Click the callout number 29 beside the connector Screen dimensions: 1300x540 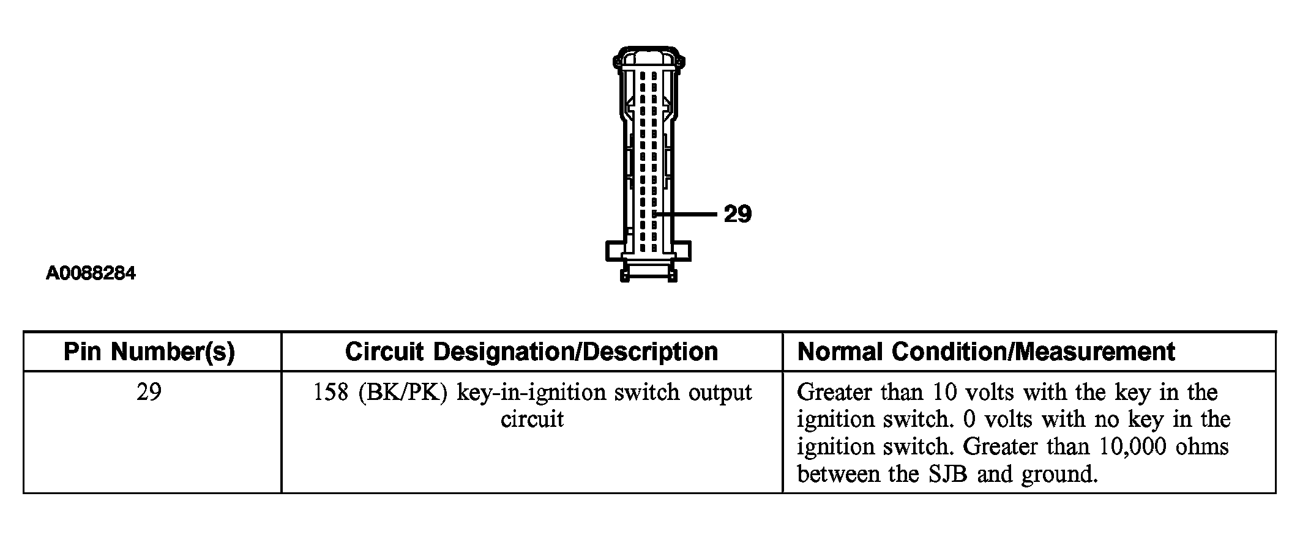738,214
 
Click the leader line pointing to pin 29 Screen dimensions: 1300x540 685,214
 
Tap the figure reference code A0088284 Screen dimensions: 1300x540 91,273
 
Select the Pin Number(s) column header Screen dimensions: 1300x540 149,352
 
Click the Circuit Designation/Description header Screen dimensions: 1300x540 531,352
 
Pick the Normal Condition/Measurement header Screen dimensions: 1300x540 986,352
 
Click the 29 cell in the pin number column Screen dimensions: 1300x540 149,392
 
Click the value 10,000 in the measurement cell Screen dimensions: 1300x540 1134,447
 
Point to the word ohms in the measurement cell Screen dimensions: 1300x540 1202,446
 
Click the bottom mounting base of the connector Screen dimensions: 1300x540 648,262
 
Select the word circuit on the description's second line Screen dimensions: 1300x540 532,420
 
